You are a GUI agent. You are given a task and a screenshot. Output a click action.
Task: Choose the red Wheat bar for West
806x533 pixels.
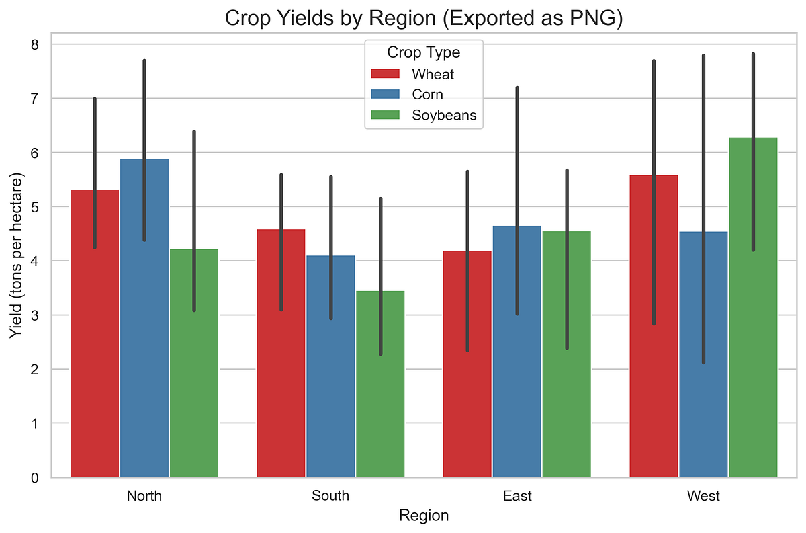(654, 336)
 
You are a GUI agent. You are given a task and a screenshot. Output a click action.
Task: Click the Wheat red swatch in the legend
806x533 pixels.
(386, 74)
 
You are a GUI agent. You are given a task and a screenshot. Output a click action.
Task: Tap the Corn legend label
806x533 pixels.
(427, 95)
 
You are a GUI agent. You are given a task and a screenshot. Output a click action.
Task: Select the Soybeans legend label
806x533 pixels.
(444, 115)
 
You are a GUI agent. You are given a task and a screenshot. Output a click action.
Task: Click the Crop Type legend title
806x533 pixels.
(423, 52)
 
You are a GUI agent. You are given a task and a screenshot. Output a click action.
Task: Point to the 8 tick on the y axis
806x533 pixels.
(36, 44)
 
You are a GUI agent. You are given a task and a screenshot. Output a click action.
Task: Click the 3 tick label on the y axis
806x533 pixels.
(36, 315)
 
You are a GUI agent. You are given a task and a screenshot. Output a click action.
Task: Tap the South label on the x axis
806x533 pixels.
(330, 496)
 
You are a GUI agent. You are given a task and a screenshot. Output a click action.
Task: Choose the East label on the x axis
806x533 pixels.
(517, 496)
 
